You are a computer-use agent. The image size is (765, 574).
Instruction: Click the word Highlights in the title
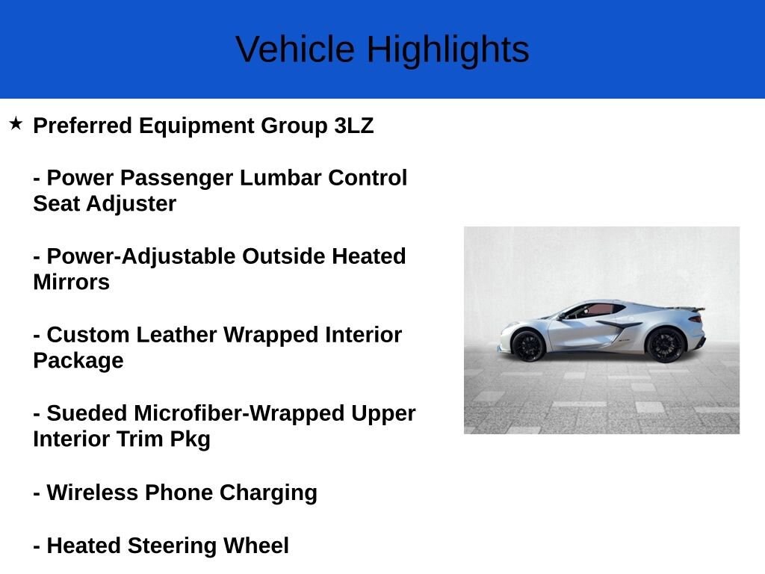(447, 50)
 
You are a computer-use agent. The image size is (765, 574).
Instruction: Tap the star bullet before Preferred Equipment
(16, 123)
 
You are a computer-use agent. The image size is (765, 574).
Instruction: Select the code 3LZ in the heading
(353, 126)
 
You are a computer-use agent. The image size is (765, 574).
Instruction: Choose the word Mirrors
(71, 283)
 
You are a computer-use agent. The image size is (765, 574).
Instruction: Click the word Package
(78, 361)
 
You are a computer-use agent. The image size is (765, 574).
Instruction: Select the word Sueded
(87, 413)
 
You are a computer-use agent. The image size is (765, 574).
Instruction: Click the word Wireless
(93, 493)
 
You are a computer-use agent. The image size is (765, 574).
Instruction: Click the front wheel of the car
(528, 345)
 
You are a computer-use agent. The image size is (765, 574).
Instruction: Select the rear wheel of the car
(665, 345)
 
